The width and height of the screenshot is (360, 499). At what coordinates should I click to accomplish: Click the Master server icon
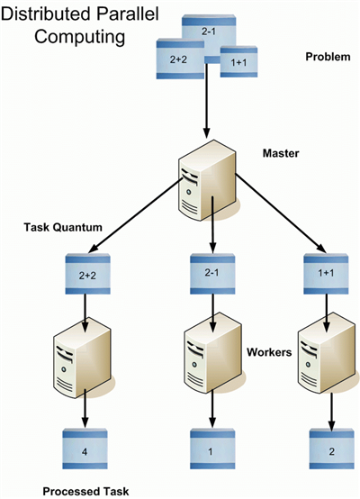[x=207, y=180]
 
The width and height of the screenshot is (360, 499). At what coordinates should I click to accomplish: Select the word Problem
[x=328, y=57]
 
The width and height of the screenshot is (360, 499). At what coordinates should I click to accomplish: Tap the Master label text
[x=281, y=153]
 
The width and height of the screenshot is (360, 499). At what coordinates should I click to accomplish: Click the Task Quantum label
[x=63, y=227]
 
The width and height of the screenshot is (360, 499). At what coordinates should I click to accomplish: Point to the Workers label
[x=269, y=352]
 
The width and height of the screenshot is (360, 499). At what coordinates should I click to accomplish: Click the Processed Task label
[x=85, y=491]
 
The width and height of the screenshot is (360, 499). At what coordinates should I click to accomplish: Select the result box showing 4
[x=85, y=449]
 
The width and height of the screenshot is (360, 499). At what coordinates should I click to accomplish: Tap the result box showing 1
[x=212, y=449]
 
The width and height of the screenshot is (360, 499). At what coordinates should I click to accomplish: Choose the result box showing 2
[x=332, y=449]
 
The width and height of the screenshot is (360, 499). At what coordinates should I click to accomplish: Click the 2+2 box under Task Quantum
[x=88, y=274]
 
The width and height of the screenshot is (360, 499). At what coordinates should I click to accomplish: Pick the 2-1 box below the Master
[x=212, y=274]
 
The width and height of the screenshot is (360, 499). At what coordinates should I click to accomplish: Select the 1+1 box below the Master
[x=326, y=274]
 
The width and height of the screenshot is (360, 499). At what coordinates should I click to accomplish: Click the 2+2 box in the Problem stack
[x=180, y=59]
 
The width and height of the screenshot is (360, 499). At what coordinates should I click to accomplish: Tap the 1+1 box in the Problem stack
[x=238, y=62]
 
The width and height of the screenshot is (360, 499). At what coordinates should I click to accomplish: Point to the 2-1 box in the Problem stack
[x=209, y=31]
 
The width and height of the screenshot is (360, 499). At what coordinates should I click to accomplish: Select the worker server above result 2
[x=328, y=352]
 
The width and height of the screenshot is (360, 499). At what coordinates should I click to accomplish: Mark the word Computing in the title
[x=80, y=37]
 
